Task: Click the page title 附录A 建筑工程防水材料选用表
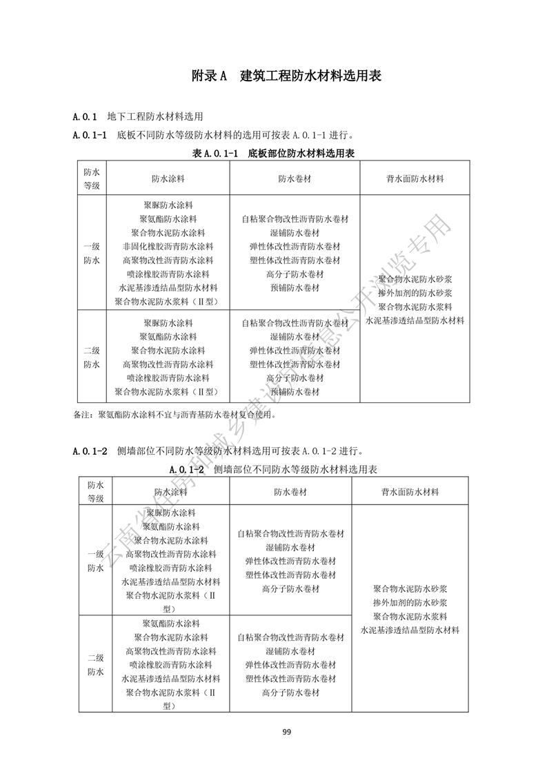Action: [286, 76]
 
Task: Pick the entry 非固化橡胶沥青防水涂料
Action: [168, 247]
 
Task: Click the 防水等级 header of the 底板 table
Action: [92, 178]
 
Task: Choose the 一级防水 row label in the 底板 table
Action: [92, 254]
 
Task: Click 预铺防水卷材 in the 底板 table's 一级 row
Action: [295, 288]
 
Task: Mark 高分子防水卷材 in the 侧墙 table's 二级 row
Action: [290, 692]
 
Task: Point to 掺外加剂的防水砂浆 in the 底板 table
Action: [415, 293]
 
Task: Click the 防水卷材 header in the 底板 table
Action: [295, 178]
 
